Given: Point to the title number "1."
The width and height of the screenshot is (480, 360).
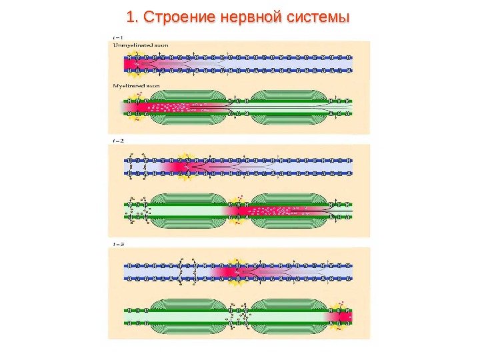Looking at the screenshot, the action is [134, 16].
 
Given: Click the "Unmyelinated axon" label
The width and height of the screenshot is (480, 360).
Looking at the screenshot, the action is [140, 44].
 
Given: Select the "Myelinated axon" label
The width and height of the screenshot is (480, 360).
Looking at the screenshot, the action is [137, 85].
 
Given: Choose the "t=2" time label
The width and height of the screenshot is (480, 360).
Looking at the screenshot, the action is [118, 141].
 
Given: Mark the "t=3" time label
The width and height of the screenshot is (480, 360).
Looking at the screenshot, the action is [118, 244].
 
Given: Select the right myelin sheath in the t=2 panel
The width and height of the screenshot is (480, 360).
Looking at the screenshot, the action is [288, 211].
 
